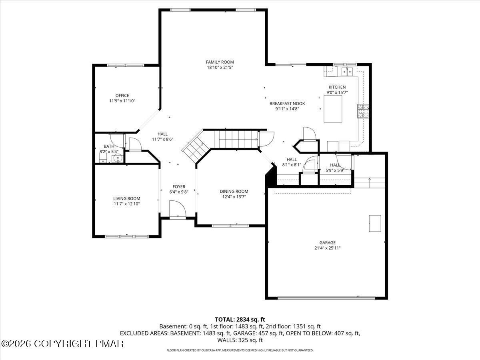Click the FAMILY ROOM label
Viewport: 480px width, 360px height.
tap(220, 62)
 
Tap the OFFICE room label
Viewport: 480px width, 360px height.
tap(122, 96)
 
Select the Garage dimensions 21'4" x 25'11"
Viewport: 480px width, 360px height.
tap(327, 248)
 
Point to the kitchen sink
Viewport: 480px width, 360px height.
tap(346, 72)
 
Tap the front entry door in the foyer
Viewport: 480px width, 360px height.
tap(177, 210)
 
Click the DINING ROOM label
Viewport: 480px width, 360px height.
tap(234, 192)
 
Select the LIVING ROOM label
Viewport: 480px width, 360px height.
tap(126, 198)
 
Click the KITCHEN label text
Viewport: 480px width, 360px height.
tap(337, 87)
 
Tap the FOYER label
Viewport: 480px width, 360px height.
tap(179, 186)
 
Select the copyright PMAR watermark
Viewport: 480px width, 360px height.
tap(62, 344)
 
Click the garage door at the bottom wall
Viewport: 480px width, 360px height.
tap(326, 298)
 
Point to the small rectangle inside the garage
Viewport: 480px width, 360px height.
tap(375, 223)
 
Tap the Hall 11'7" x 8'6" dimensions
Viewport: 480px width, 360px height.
tap(162, 140)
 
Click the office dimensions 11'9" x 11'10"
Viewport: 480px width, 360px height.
tap(122, 101)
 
